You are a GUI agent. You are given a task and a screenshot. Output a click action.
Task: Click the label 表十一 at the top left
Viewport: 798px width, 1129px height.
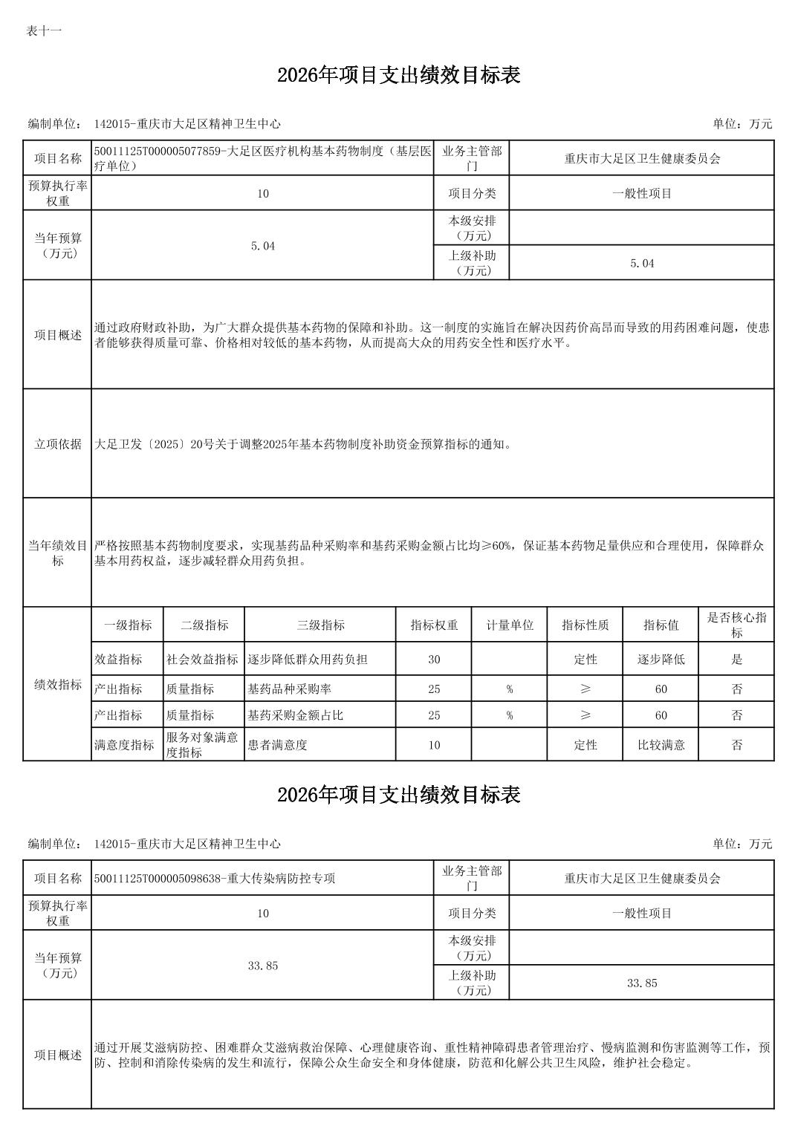tap(44, 30)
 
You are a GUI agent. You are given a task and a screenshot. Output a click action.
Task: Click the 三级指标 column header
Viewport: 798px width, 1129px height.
tap(320, 625)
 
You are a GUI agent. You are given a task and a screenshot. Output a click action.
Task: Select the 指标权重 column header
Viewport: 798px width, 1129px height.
tap(434, 625)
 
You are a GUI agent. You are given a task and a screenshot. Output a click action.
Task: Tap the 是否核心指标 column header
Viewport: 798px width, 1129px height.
tap(736, 625)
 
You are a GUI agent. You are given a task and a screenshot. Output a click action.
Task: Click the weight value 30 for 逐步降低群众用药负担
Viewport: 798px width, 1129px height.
tap(434, 660)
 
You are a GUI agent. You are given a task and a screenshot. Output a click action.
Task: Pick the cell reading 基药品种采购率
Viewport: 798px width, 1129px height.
tap(289, 689)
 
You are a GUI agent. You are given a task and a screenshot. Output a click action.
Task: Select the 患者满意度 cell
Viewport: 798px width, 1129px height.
tap(277, 745)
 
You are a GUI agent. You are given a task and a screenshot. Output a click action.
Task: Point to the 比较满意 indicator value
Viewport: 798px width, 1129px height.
tap(661, 745)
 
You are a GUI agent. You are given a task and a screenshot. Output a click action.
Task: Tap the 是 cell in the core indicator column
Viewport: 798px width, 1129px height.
tap(736, 660)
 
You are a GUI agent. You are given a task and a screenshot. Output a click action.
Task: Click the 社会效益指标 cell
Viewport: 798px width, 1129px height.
tap(203, 660)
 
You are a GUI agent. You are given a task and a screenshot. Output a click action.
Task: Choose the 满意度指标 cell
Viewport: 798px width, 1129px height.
tap(124, 745)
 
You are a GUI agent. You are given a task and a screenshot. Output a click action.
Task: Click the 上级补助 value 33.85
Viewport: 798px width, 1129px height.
tap(642, 983)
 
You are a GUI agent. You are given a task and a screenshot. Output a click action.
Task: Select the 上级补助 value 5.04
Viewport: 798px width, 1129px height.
tap(642, 263)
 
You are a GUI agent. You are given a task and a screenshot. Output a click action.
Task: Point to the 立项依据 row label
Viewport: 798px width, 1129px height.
tap(58, 444)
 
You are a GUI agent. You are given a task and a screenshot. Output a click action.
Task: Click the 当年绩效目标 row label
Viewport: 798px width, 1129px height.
tap(58, 553)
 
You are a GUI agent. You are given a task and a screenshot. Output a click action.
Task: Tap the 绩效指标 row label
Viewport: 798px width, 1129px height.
tap(58, 684)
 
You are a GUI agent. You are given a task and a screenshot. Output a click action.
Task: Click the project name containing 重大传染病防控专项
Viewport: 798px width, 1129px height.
tap(215, 878)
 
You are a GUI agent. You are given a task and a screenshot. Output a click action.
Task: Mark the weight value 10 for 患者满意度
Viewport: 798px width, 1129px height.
tap(434, 745)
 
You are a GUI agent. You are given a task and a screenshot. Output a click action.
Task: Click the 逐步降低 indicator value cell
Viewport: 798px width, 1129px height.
tap(661, 660)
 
